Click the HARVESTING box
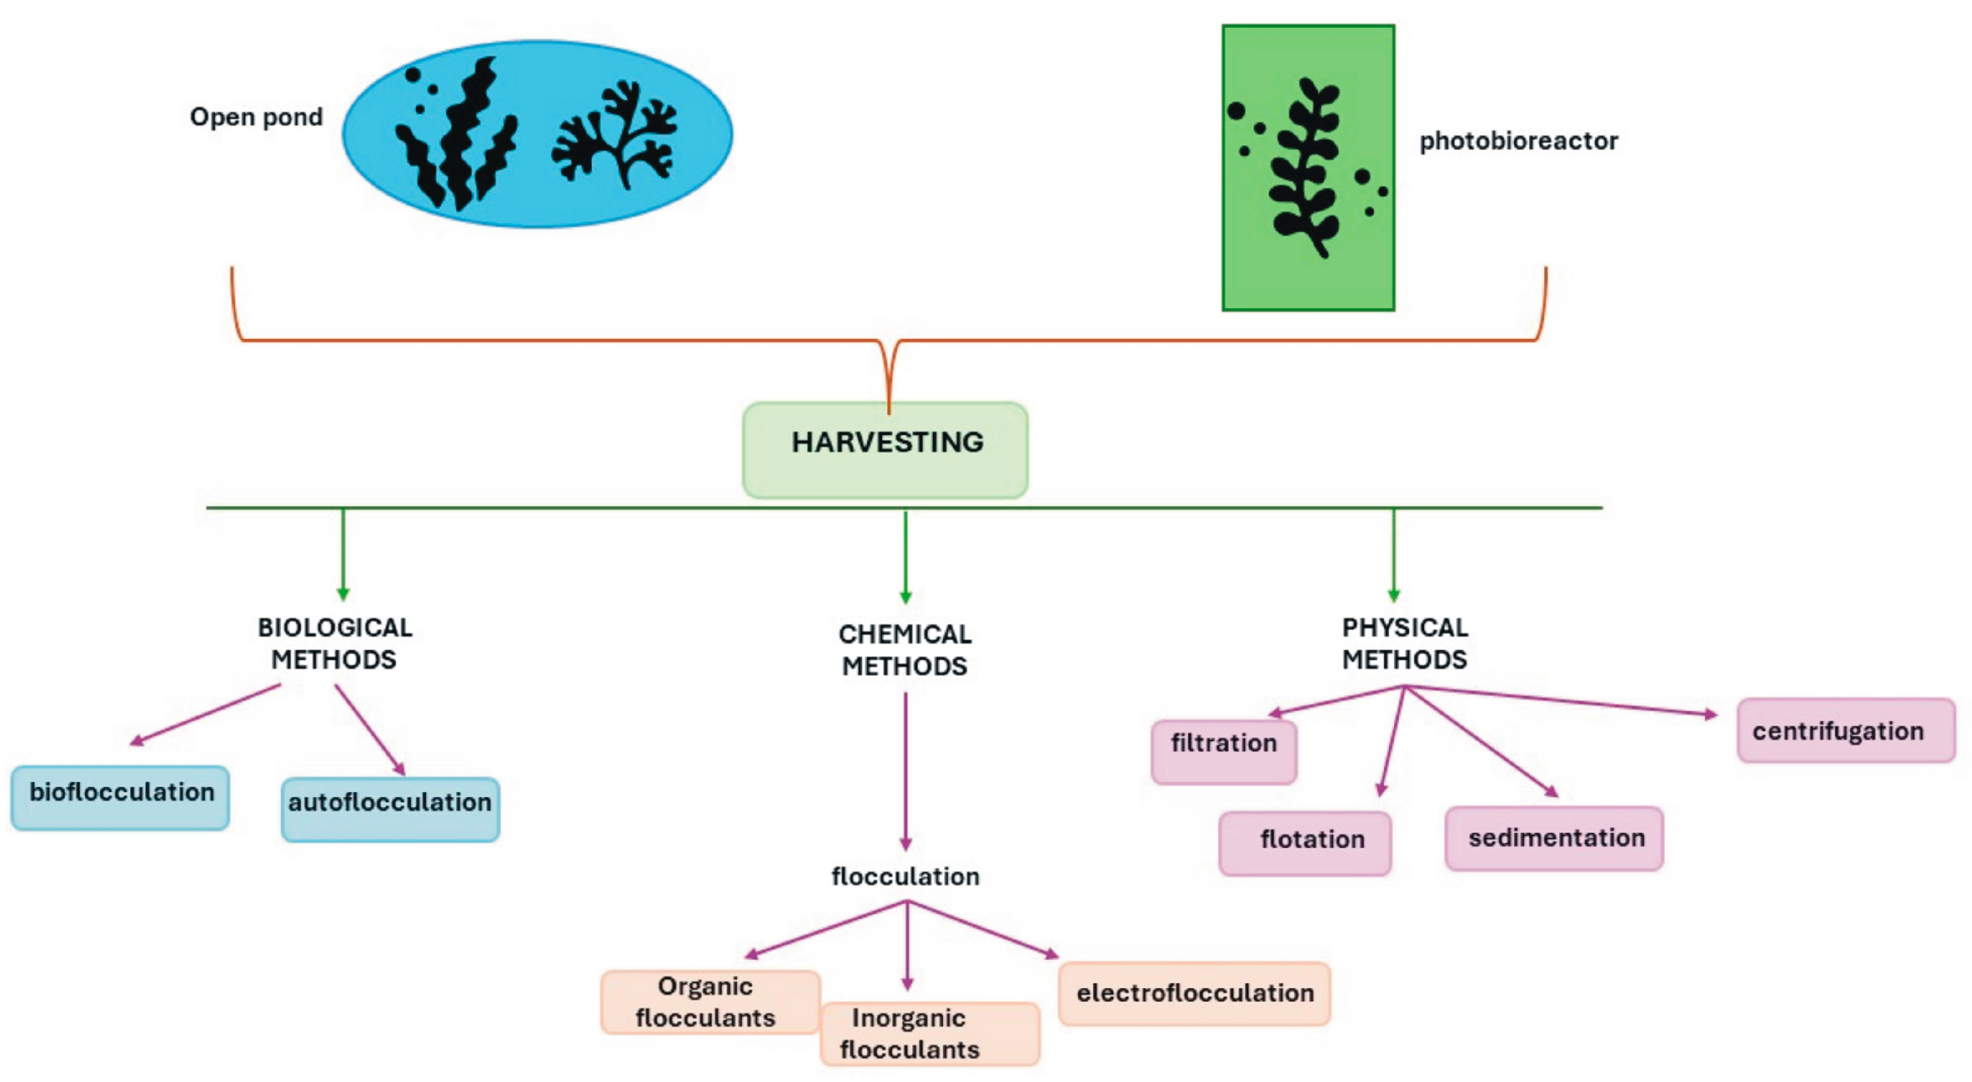(x=885, y=450)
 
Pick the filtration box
(x=1223, y=751)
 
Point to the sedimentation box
(x=1554, y=838)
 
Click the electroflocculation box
(x=1194, y=993)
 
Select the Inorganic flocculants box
(x=929, y=1033)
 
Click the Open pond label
(x=256, y=117)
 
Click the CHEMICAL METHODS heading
(x=905, y=650)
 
